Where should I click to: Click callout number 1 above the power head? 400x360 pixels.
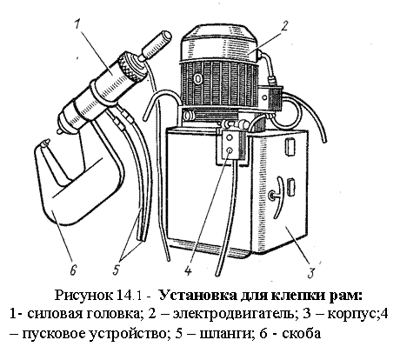pos(77,24)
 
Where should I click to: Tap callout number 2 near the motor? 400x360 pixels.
pos(284,25)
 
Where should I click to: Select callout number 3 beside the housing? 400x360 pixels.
pos(311,273)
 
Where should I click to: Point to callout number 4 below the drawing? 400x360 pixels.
pos(188,271)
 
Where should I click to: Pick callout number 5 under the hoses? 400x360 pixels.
pos(116,270)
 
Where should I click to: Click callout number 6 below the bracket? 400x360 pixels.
pos(73,270)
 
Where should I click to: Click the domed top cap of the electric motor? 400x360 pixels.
pos(219,43)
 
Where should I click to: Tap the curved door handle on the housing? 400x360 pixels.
pos(277,197)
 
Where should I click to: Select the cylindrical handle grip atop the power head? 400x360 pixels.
pos(156,46)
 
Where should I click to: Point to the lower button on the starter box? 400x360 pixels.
pos(230,150)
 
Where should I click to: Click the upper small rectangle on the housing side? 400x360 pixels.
pos(290,146)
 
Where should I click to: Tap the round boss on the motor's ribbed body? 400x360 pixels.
pos(198,78)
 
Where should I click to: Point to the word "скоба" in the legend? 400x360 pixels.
pos(302,333)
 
